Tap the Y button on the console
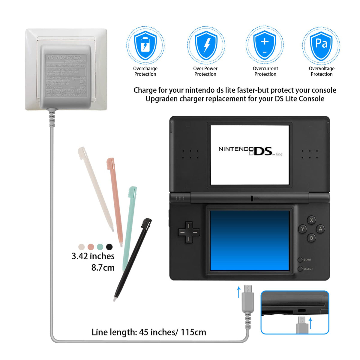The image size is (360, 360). (302, 229)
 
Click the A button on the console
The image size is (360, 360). (320, 229)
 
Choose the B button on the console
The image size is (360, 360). (311, 238)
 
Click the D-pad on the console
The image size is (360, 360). (189, 232)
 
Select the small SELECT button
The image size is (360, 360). (300, 269)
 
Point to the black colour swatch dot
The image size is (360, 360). (109, 247)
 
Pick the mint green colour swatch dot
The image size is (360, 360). (100, 247)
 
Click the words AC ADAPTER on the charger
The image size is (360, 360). (64, 57)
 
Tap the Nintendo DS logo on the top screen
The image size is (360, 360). (250, 151)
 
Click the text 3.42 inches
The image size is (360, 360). (93, 256)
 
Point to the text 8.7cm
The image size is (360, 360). (103, 268)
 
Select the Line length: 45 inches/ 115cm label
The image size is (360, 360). (149, 332)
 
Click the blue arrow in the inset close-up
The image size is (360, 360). (310, 323)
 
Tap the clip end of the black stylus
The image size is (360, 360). (147, 223)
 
